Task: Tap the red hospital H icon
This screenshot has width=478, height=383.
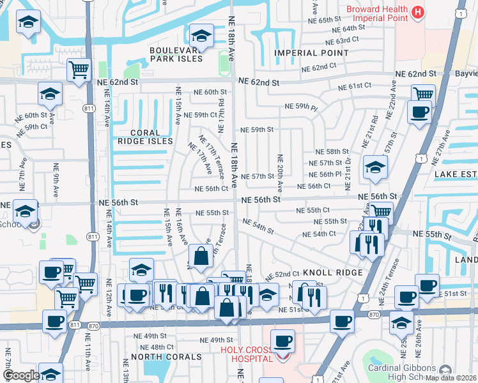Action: pyautogui.click(x=418, y=11)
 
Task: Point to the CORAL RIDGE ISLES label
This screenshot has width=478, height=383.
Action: pyautogui.click(x=145, y=137)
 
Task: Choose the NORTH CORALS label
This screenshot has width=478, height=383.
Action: pyautogui.click(x=161, y=356)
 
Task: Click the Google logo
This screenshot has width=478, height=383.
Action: pyautogui.click(x=20, y=375)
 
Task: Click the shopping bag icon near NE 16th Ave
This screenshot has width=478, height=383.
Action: pyautogui.click(x=201, y=257)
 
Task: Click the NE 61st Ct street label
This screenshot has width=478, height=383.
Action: pyautogui.click(x=355, y=86)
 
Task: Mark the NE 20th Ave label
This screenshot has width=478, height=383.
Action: pyautogui.click(x=279, y=173)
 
